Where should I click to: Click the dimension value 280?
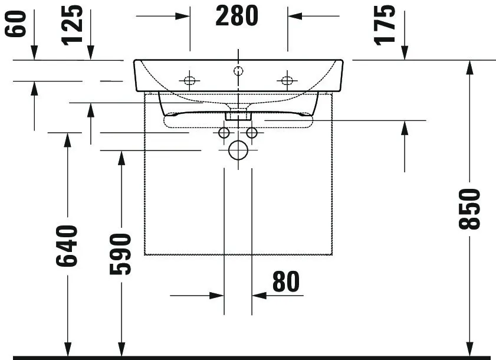click(236, 17)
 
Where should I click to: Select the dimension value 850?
click(470, 209)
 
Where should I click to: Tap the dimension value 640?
click(67, 245)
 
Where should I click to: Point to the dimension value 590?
click(120, 254)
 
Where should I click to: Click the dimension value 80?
click(285, 282)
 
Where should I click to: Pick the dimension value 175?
click(386, 24)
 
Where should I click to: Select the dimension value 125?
click(73, 25)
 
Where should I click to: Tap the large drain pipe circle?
click(238, 151)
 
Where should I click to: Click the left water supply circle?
click(224, 133)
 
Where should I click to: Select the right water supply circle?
click(252, 133)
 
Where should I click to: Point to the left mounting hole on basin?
click(190, 80)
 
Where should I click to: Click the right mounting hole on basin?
click(287, 80)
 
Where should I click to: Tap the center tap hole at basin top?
click(238, 71)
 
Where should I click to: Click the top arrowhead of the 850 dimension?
click(470, 66)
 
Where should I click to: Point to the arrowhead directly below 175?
click(405, 54)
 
